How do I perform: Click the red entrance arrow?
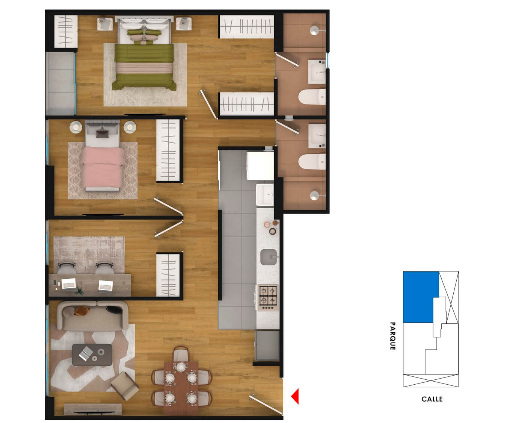pos(295,396)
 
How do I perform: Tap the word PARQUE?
pos(392,336)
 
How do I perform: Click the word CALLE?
pos(432,399)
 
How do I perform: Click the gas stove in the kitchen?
pos(268,295)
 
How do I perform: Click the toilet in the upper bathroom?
pos(312,97)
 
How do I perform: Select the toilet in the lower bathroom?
pos(312,162)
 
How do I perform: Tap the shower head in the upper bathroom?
pos(315,30)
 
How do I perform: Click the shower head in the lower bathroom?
pos(315,195)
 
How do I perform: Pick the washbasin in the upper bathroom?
pos(317,71)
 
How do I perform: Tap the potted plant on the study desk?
pos(79,291)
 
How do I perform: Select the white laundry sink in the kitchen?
pos(265,194)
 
